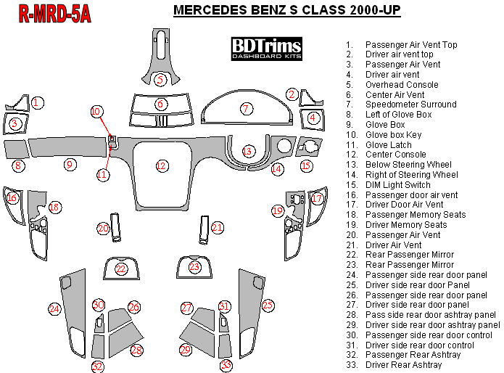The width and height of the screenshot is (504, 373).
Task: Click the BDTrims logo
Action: pyautogui.click(x=267, y=49)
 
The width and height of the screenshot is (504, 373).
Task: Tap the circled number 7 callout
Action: pyautogui.click(x=247, y=109)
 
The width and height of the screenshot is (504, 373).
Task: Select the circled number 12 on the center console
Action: pyautogui.click(x=161, y=166)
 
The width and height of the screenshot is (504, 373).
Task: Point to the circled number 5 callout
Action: pyautogui.click(x=161, y=79)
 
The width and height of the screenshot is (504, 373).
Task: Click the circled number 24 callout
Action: pyautogui.click(x=54, y=309)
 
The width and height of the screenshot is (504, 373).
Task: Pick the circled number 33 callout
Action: pyautogui.click(x=226, y=365)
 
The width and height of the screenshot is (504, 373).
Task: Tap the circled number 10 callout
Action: pyautogui.click(x=96, y=112)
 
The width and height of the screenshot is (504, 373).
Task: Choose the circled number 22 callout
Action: pyautogui.click(x=121, y=270)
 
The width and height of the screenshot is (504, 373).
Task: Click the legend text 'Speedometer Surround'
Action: pyautogui.click(x=410, y=104)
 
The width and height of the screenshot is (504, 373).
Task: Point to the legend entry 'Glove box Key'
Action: pyautogui.click(x=393, y=135)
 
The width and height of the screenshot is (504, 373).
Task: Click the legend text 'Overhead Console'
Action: pyautogui.click(x=402, y=85)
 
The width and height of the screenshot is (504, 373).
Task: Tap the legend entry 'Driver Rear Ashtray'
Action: pyautogui.click(x=403, y=365)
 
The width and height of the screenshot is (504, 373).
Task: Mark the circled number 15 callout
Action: pyautogui.click(x=306, y=166)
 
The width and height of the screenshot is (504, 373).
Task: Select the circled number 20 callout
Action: pyautogui.click(x=103, y=229)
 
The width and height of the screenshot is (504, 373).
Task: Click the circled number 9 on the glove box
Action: pyautogui.click(x=70, y=165)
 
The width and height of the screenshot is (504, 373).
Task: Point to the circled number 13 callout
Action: pyautogui.click(x=249, y=151)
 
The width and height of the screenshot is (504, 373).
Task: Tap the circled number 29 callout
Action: pyautogui.click(x=186, y=351)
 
